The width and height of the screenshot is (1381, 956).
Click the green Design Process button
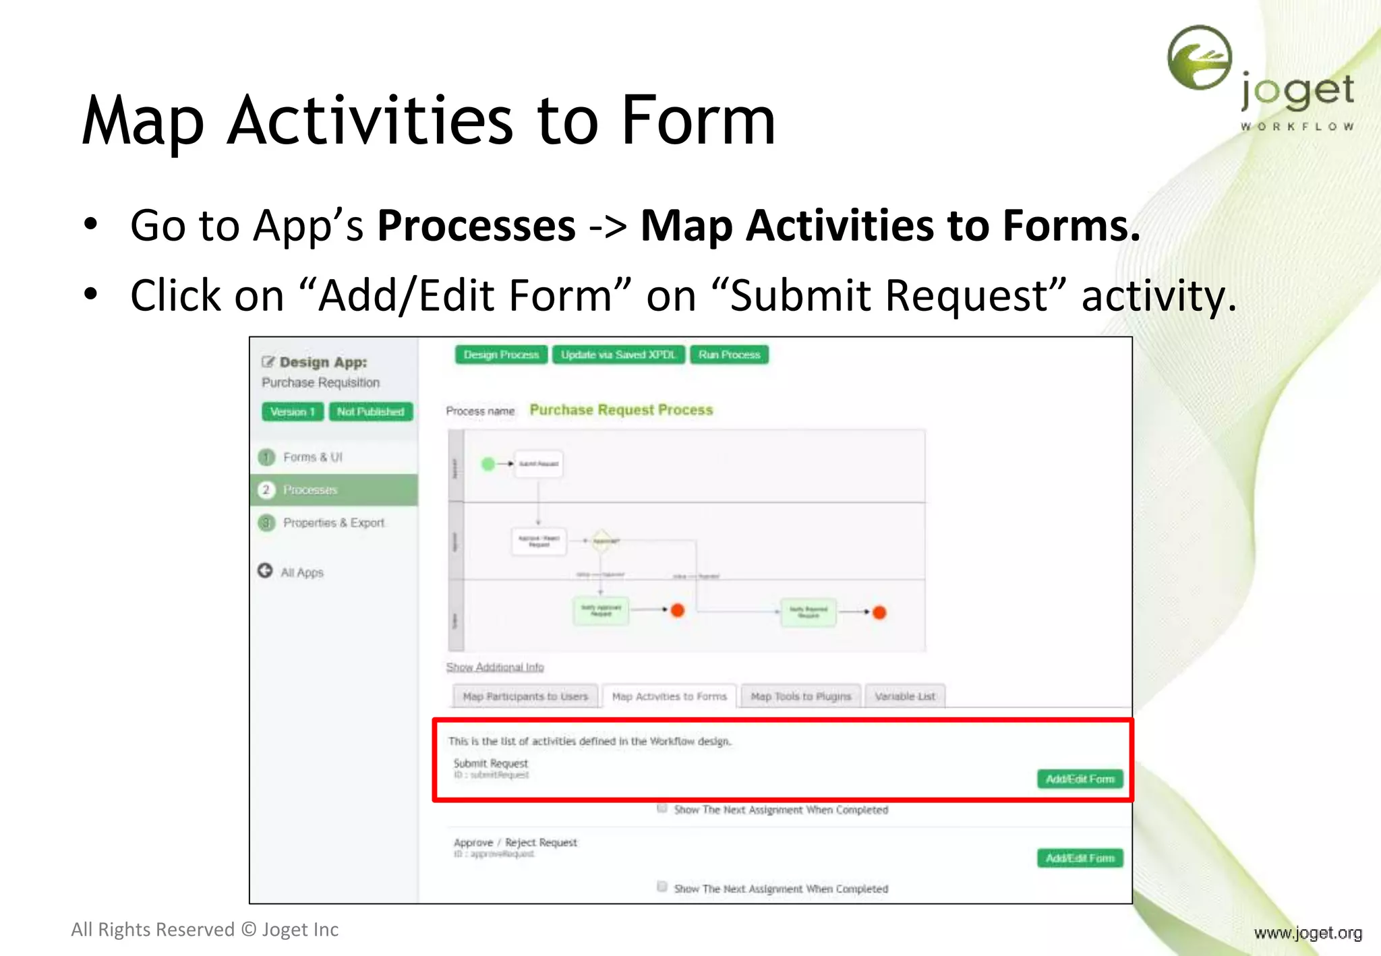(501, 355)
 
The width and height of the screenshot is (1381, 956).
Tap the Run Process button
(729, 355)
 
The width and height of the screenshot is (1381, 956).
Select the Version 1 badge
(293, 411)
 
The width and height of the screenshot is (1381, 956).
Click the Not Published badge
(370, 411)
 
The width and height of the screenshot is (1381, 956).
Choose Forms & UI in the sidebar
(312, 457)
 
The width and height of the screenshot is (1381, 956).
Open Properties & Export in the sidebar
(333, 522)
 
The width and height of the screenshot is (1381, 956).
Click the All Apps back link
(301, 572)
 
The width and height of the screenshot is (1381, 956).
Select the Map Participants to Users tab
(525, 696)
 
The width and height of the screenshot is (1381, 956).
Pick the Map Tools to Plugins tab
(801, 696)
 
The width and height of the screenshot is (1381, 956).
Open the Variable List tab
(905, 696)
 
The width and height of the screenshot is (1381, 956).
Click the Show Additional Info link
(495, 667)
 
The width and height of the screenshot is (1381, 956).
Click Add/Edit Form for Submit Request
(1080, 779)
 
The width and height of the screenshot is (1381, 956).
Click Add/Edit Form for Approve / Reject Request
(1080, 858)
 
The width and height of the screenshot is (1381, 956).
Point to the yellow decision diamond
(601, 540)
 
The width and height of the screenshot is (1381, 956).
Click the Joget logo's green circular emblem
(1200, 58)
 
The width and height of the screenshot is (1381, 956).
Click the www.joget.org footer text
(1307, 932)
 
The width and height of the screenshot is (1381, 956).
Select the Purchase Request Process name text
(621, 410)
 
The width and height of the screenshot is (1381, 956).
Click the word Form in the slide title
(698, 121)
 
